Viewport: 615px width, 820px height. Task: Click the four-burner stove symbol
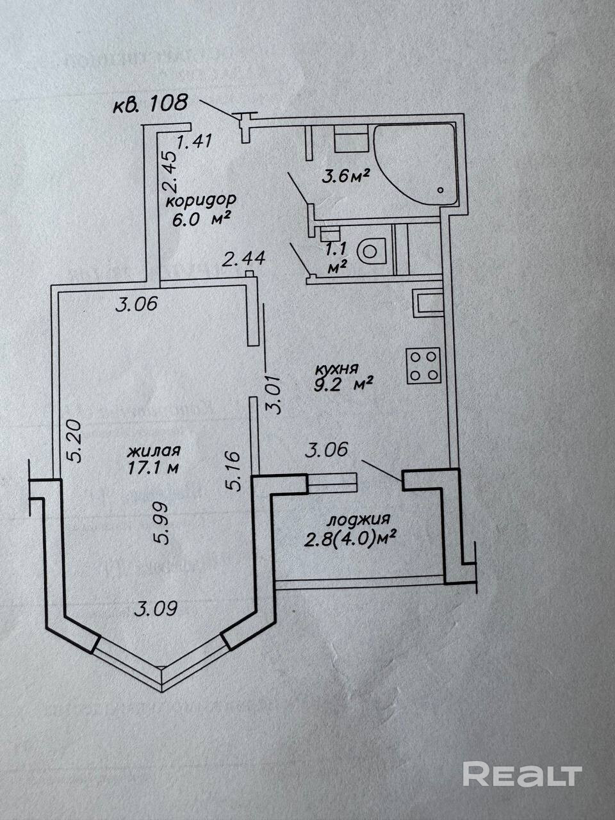point(423,366)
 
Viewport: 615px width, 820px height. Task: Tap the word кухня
point(335,369)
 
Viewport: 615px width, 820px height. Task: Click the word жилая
point(154,451)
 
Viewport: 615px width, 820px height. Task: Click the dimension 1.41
point(194,141)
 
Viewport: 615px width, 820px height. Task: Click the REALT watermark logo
point(522,774)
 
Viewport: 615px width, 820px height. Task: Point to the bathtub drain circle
point(441,190)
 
